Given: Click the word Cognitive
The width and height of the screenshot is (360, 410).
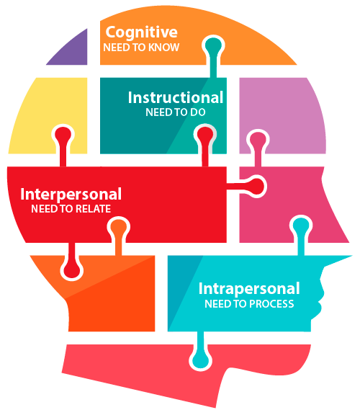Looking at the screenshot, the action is point(141,33).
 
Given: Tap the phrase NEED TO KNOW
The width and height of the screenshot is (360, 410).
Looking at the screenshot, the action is point(141,48).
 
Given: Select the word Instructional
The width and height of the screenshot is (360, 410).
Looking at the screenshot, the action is point(176,97).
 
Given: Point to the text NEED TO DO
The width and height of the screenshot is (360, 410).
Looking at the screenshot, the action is point(175,112).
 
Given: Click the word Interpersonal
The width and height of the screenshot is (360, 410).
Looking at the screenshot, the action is point(71,195).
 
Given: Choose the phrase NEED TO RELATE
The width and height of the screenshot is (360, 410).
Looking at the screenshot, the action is point(71,209).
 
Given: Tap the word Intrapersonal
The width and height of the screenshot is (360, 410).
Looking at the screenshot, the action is point(249,289).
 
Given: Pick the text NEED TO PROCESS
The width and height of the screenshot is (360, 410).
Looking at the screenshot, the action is point(249,304).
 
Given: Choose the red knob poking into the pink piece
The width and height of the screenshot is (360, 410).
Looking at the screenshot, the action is point(256,187).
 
